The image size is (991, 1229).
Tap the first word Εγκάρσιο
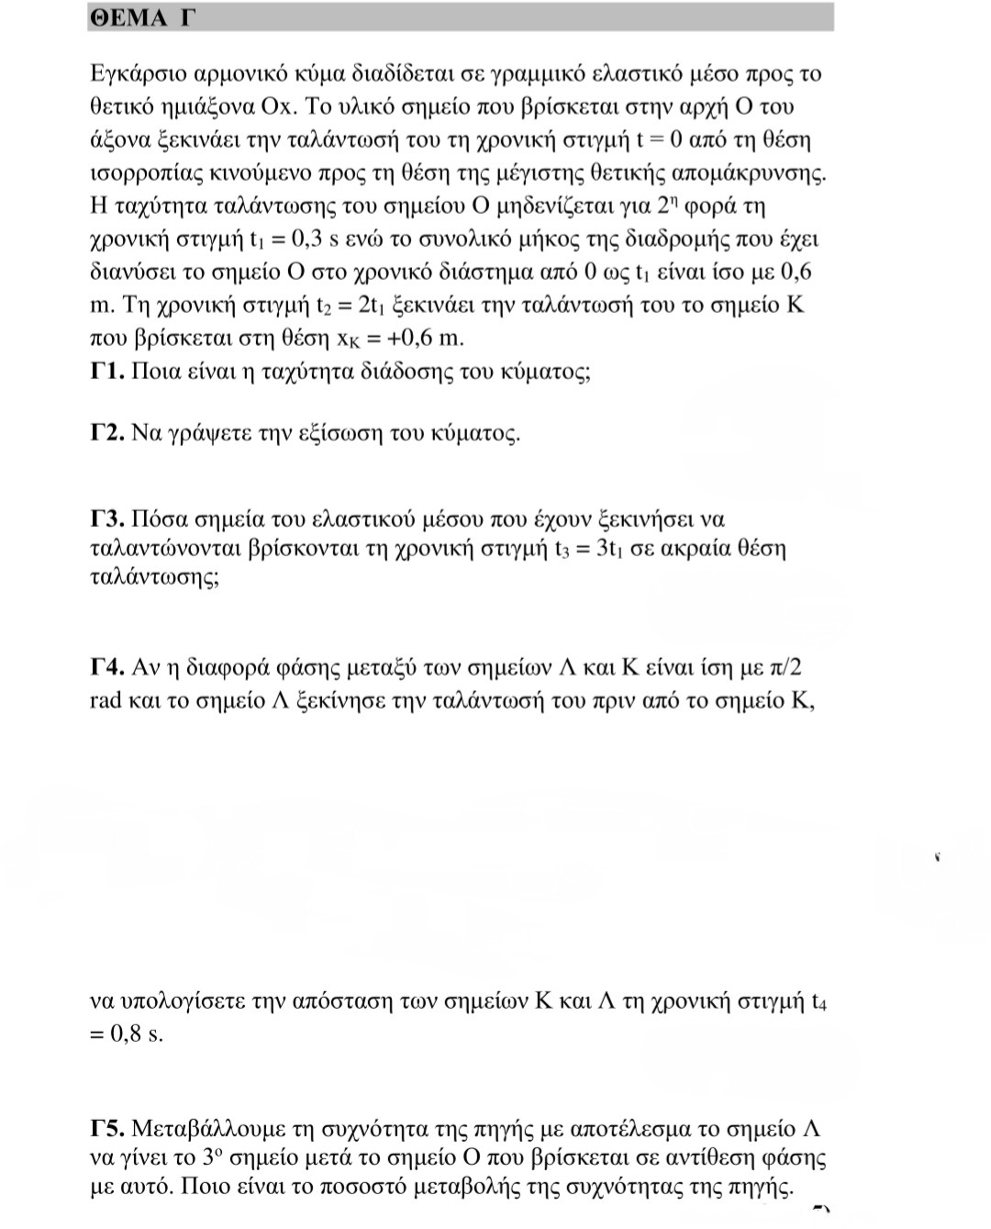coord(137,74)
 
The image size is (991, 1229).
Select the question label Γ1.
coord(107,372)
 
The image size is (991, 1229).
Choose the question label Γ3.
coord(107,520)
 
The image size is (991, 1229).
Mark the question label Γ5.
coord(107,1128)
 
